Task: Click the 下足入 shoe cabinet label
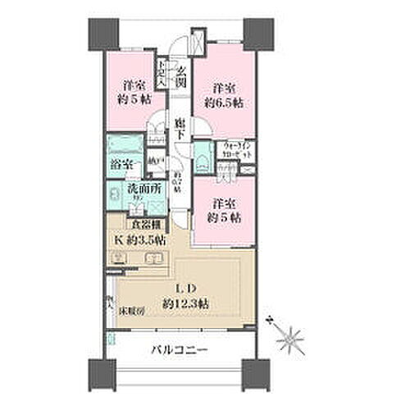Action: (x=163, y=75)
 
